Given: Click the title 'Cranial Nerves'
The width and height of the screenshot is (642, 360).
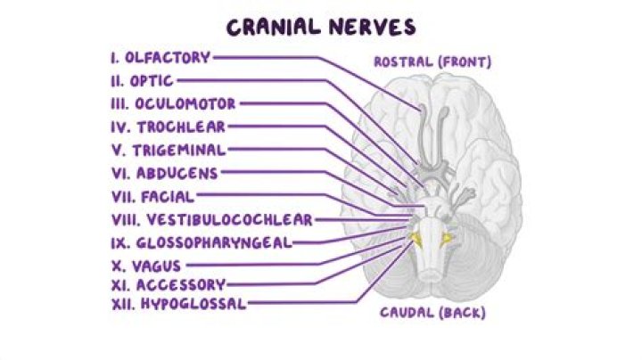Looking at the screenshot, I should point(320,27).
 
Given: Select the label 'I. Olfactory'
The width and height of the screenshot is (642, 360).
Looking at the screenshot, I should point(160,58).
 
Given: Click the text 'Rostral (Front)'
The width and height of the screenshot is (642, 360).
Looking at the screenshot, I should point(432,62).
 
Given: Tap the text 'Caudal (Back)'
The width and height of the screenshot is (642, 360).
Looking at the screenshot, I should point(432,313).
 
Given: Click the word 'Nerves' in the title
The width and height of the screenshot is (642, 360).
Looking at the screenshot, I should point(370,27).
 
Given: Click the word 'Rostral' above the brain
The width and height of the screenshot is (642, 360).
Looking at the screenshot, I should point(403,62).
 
